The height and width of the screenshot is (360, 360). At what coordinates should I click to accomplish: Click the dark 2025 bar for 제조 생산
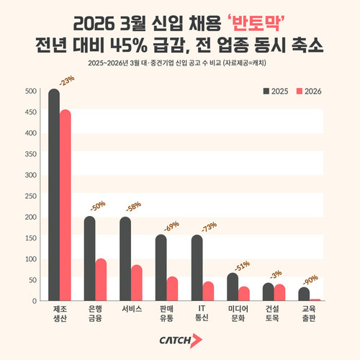point(53,194)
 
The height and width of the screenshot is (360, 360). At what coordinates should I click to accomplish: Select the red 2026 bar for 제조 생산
point(66,205)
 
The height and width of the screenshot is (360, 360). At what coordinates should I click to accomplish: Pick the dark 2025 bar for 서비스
point(125,258)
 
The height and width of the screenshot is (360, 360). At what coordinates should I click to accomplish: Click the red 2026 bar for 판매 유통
point(172,288)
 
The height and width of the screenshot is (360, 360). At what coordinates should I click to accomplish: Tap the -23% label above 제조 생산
point(66,81)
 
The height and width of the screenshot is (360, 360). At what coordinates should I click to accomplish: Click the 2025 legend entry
point(274,91)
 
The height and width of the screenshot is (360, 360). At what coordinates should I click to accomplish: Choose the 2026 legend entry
point(308,91)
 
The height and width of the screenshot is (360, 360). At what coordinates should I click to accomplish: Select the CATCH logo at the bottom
point(180,340)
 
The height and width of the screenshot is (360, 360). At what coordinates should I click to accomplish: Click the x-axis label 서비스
point(131,308)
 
